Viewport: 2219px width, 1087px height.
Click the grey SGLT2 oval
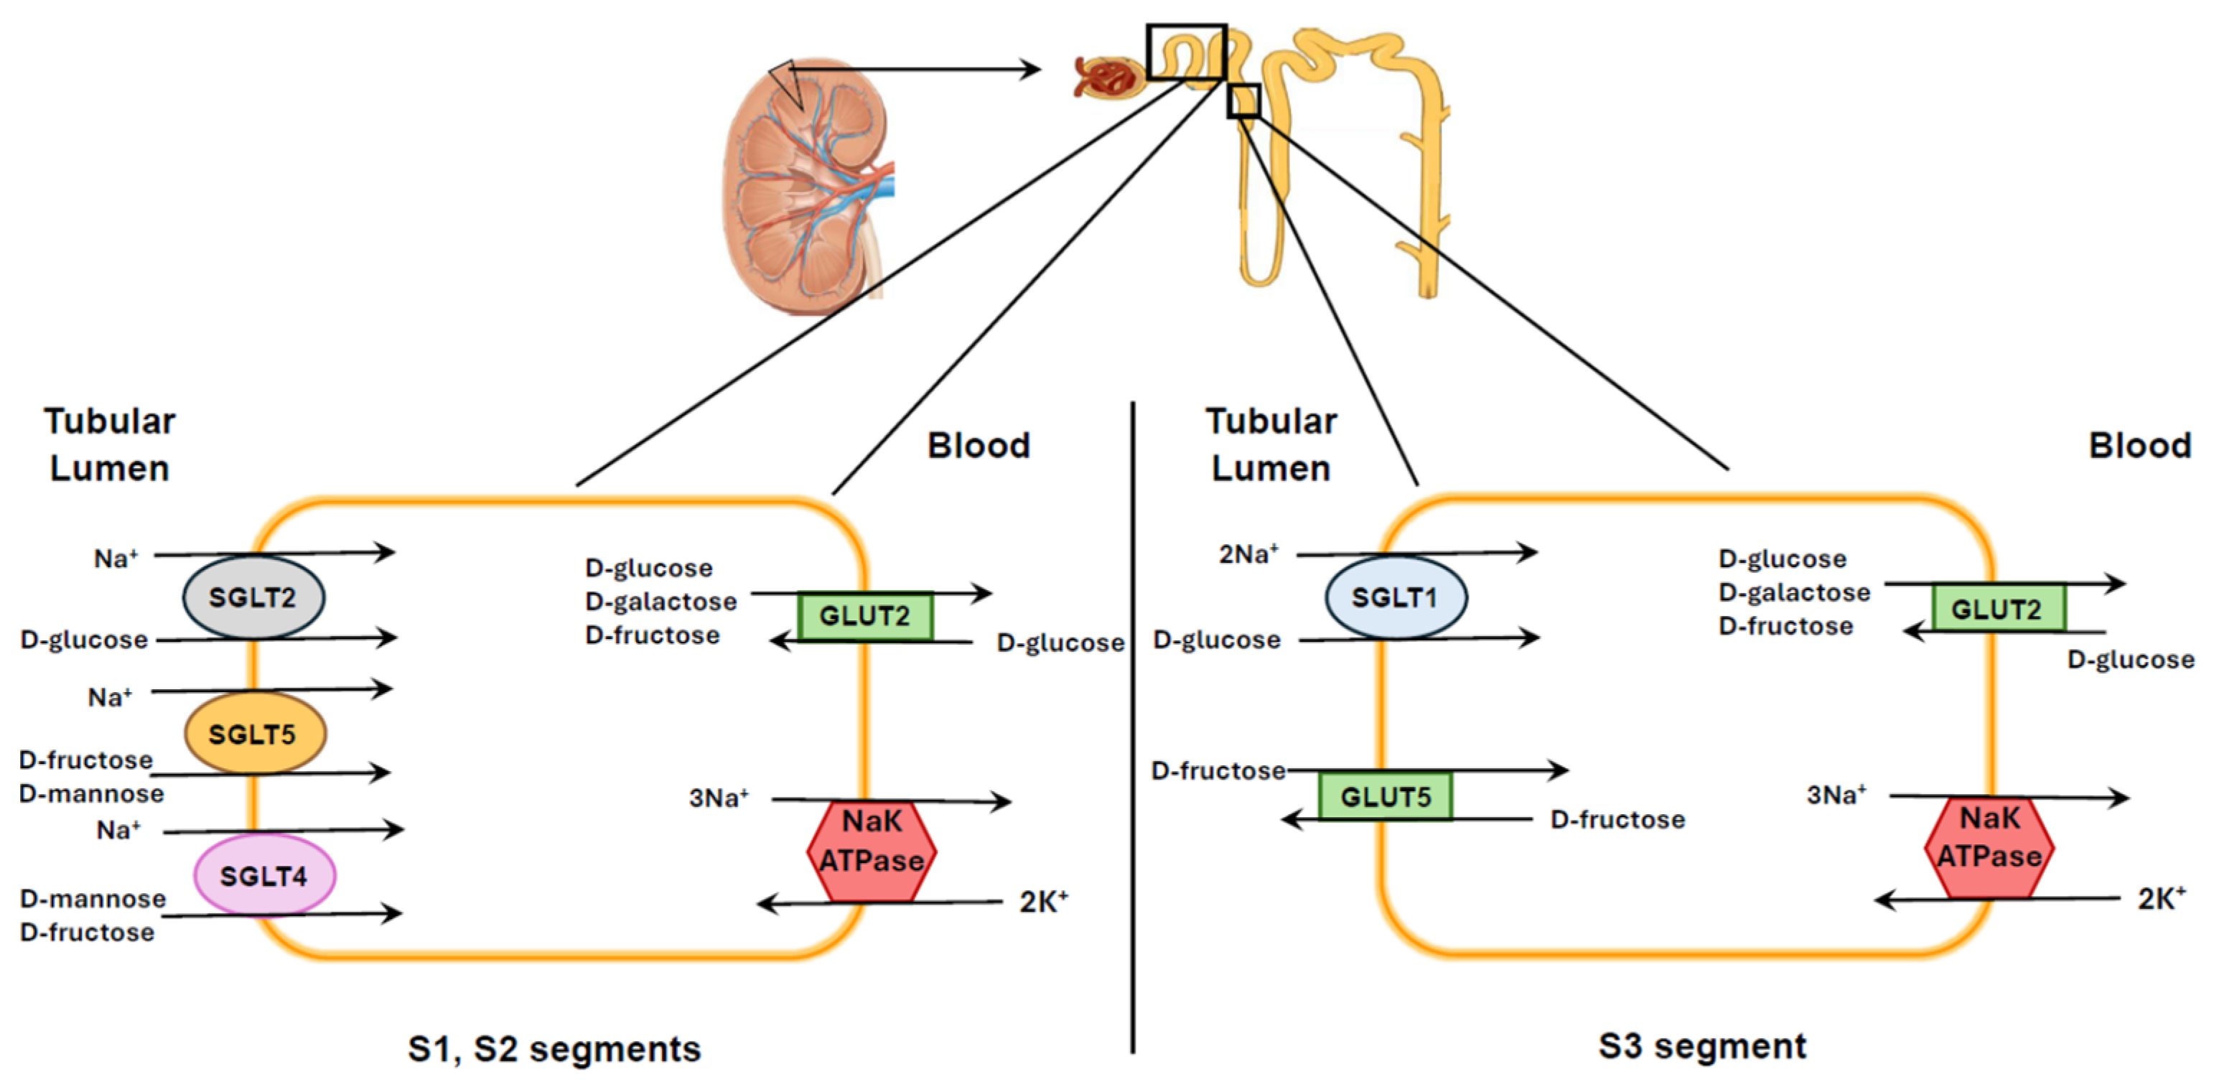253,597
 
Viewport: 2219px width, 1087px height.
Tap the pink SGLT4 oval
263,876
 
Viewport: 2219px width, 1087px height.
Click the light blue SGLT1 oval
1395,597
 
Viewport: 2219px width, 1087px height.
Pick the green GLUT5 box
1384,796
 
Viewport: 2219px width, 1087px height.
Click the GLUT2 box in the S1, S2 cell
864,616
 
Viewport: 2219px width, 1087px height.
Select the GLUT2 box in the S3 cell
1996,609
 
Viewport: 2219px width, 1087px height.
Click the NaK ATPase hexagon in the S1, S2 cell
871,851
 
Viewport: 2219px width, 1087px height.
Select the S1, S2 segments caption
554,1048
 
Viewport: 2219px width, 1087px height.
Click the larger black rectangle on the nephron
1185,52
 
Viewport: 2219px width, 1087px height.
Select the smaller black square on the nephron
1243,101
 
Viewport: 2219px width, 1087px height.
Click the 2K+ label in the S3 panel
2160,898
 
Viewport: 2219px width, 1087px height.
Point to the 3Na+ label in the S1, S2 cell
719,798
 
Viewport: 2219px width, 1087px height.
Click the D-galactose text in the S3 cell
1793,592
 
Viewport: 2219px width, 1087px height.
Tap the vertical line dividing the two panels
1133,724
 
